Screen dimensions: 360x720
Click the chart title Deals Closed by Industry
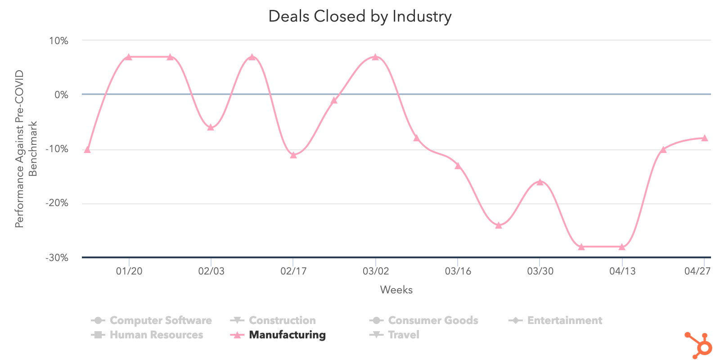pos(360,17)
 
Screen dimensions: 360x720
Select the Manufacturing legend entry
pos(287,335)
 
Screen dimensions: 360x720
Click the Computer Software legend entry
pos(160,320)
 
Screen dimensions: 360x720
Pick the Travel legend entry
pos(403,335)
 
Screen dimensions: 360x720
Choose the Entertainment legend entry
pos(564,320)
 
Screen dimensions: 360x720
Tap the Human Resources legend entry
pos(156,335)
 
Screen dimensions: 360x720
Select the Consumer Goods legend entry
pos(433,320)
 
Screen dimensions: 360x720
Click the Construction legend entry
pos(282,320)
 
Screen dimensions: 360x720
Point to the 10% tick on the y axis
pos(58,41)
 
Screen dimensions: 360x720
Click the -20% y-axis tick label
pos(57,203)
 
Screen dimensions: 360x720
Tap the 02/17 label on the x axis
pos(293,271)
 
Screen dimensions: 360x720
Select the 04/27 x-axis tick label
pos(697,271)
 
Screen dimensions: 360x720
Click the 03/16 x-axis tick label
pos(458,271)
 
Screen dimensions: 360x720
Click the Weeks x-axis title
pos(396,290)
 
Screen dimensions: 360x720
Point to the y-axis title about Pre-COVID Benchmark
pos(26,148)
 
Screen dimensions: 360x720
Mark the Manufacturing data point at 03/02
pos(375,57)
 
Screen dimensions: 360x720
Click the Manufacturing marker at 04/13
pos(622,247)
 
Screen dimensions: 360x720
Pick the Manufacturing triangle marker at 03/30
pos(540,182)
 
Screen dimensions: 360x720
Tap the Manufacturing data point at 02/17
pos(293,155)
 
